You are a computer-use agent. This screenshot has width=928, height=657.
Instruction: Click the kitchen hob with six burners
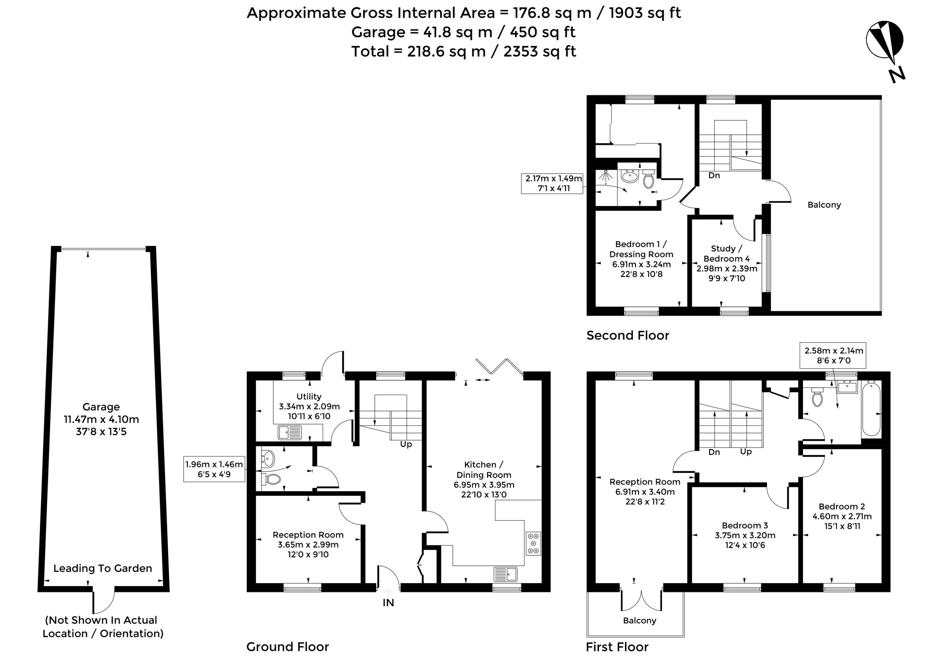[533, 543]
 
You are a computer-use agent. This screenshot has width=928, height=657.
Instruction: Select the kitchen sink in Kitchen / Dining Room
[505, 574]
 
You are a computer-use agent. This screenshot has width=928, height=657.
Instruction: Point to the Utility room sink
[289, 432]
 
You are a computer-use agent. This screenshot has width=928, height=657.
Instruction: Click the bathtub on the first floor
[871, 409]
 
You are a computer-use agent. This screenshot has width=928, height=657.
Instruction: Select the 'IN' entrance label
[388, 603]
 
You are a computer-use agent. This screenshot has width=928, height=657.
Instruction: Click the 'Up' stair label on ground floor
[406, 444]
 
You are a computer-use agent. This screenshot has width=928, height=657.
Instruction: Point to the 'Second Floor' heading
[628, 335]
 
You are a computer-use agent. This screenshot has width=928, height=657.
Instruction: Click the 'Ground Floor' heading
[288, 646]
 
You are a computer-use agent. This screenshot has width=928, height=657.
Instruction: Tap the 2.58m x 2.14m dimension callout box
[833, 355]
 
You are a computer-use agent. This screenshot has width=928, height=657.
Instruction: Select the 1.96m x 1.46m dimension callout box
[214, 469]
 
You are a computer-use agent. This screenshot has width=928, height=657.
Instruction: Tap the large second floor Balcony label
[824, 205]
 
